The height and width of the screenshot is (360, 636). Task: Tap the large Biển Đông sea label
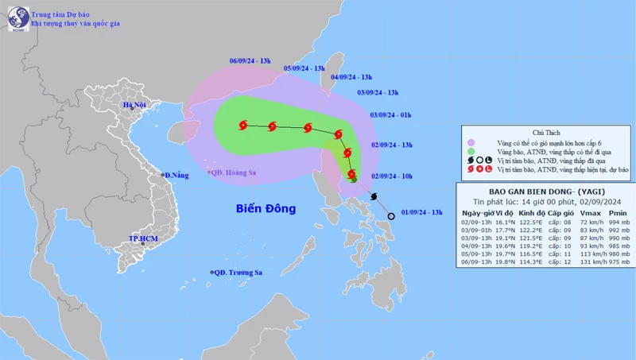pyautogui.click(x=266, y=209)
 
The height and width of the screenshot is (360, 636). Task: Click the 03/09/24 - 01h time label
pyautogui.click(x=390, y=115)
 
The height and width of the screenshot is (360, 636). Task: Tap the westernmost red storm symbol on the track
pyautogui.click(x=242, y=124)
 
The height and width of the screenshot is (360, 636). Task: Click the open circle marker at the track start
pyautogui.click(x=390, y=216)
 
